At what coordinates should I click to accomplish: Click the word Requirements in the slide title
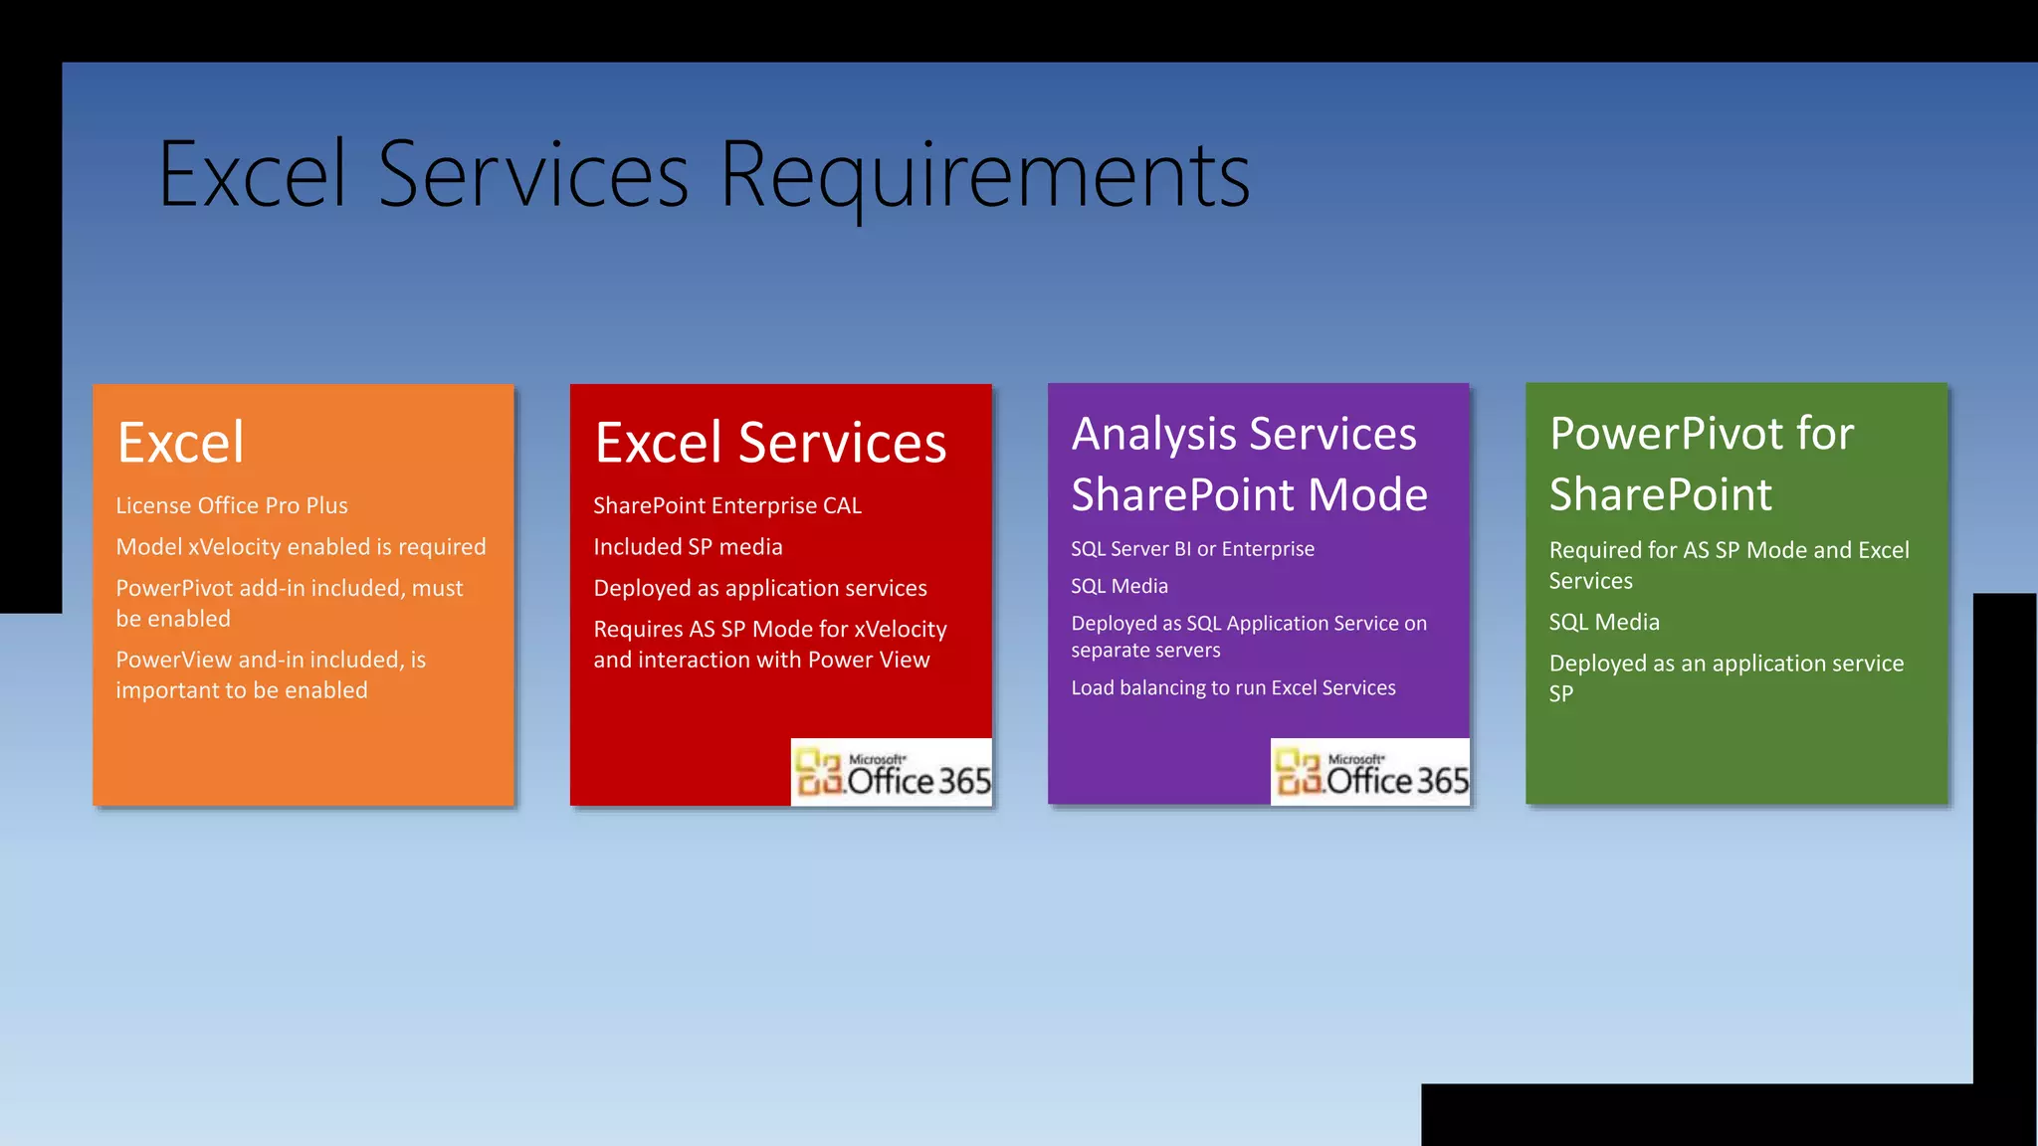(983, 176)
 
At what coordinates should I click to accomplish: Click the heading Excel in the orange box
(180, 443)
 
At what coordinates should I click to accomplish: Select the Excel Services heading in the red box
(770, 443)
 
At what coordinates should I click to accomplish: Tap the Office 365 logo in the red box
(892, 773)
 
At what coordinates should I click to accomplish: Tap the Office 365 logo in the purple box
(1370, 773)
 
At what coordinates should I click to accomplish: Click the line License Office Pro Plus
(232, 506)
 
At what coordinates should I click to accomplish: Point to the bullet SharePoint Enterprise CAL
(727, 506)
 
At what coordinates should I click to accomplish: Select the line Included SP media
(688, 547)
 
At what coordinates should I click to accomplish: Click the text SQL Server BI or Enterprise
(1192, 549)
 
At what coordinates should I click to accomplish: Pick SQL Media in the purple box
(1120, 587)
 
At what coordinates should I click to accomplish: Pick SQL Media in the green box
(1604, 623)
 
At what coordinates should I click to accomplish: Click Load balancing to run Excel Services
(1233, 688)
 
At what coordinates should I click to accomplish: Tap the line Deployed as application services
(760, 589)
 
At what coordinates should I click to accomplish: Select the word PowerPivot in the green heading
(1667, 434)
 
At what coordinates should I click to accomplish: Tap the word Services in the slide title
(533, 176)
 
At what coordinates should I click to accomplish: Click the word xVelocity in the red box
(900, 630)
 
